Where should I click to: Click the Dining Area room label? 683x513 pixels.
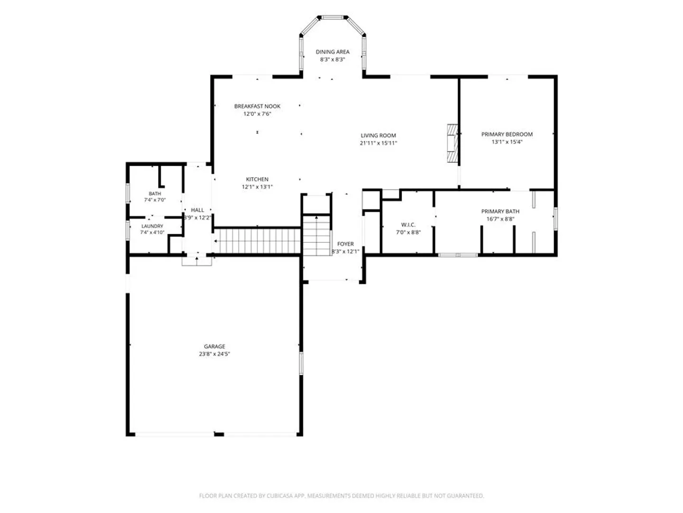(332, 52)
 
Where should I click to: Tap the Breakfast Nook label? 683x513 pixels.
(257, 106)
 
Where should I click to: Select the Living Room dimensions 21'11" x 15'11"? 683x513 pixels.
(378, 143)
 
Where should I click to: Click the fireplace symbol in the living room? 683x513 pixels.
(452, 143)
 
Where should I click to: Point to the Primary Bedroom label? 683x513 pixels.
(507, 134)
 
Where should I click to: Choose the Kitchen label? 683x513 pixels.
(257, 179)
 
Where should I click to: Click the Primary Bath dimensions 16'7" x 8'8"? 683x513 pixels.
(500, 219)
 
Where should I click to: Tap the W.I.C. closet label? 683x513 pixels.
(408, 225)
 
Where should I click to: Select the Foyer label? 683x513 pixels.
(345, 244)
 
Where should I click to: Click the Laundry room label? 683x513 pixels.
(152, 226)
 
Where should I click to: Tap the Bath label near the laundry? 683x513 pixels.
(155, 194)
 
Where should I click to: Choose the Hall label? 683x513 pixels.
(197, 210)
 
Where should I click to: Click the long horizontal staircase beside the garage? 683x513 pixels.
(258, 241)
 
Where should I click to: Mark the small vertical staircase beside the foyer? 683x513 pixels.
(316, 236)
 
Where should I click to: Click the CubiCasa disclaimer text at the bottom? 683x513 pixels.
(341, 495)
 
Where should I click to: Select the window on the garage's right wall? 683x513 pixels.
(301, 363)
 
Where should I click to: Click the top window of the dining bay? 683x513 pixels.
(332, 18)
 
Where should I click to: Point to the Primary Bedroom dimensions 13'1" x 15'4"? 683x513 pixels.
(507, 142)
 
